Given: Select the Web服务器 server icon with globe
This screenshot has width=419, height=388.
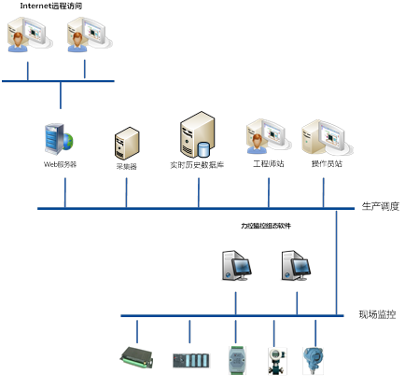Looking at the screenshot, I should tap(59, 138).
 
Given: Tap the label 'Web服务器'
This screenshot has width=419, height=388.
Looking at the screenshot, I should tap(61, 164).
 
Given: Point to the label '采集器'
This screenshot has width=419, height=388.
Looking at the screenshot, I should tap(126, 164).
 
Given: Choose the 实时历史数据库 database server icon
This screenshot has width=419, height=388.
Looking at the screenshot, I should tap(198, 135).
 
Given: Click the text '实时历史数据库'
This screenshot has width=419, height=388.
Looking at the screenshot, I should tap(197, 164).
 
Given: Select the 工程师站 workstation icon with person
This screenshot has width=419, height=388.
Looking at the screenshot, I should tap(268, 137).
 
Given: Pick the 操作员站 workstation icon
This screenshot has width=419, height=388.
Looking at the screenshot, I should tap(322, 137).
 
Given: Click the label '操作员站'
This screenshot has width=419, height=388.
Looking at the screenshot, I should tap(327, 164).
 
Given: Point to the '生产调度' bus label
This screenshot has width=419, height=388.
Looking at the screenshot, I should tap(380, 206).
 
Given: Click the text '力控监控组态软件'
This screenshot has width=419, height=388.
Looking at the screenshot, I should tap(266, 226).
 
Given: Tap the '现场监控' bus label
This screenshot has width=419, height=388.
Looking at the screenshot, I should tap(377, 315).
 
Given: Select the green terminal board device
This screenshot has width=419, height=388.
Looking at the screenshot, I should tap(136, 356).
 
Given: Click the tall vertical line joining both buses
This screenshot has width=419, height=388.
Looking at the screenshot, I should tap(337, 261).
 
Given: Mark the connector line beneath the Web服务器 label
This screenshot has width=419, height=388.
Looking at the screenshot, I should tap(64, 189).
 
